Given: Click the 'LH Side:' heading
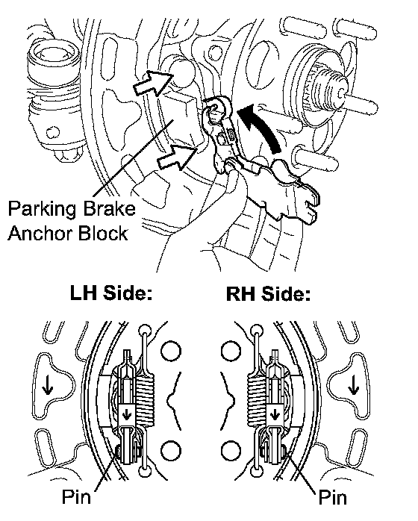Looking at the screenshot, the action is click(111, 293).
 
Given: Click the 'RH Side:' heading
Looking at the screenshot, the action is click(268, 294).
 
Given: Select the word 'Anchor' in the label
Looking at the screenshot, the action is click(38, 233).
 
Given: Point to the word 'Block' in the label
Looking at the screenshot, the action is click(101, 233).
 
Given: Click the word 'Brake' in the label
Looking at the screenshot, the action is click(109, 209).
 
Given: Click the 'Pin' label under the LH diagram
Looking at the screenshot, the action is click(76, 496).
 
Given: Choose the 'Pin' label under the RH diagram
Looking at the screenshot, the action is click(333, 497).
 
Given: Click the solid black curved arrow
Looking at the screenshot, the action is click(261, 128).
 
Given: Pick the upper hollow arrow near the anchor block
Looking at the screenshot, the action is click(153, 83).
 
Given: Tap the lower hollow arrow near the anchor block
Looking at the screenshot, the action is click(177, 157).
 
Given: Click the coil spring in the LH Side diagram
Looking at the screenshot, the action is click(146, 402).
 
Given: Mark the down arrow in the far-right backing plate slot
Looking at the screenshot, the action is click(353, 385).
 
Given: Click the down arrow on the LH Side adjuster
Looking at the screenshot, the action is click(127, 414).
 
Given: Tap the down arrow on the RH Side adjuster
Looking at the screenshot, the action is click(275, 414).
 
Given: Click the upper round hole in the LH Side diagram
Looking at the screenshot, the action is click(171, 352).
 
